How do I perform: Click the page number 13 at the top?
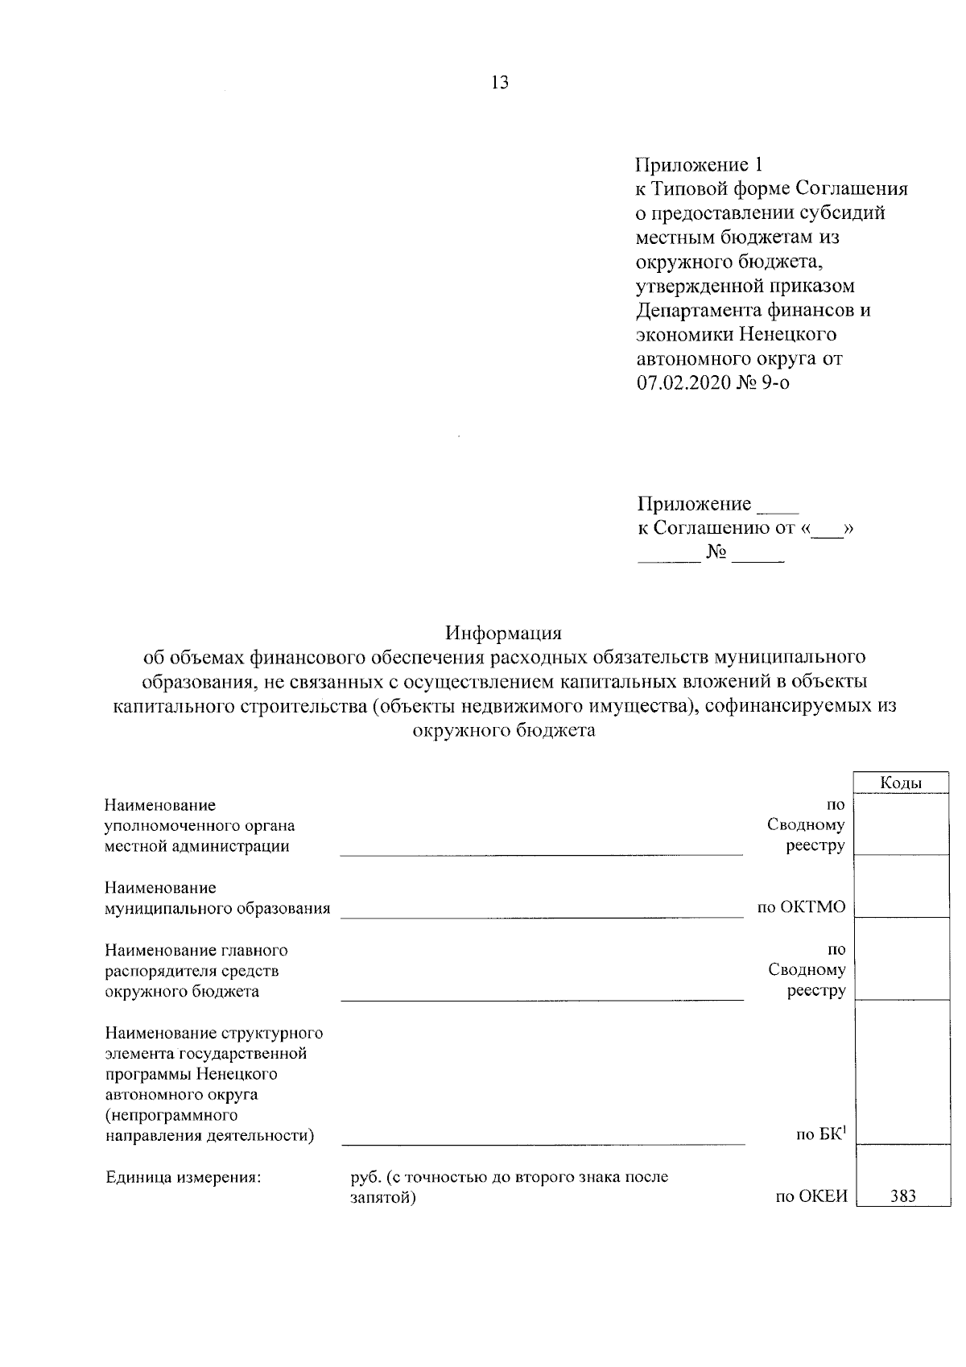(499, 82)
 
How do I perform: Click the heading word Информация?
(504, 631)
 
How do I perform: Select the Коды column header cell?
(900, 783)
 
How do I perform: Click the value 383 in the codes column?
(903, 1196)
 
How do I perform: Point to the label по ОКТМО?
(801, 908)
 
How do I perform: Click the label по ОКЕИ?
(811, 1196)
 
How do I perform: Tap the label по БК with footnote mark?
(820, 1135)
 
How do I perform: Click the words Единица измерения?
(184, 1177)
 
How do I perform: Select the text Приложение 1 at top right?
(698, 165)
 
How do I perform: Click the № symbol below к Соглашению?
(716, 552)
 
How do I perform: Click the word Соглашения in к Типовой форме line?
(852, 189)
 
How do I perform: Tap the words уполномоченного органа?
(200, 825)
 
